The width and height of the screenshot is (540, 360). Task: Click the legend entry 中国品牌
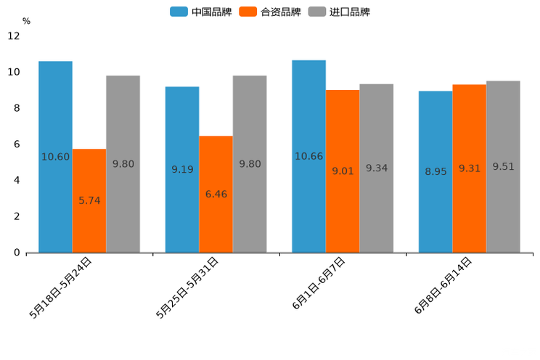201,12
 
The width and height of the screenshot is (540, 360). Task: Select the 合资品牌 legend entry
271,12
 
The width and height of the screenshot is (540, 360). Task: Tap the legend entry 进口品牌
340,12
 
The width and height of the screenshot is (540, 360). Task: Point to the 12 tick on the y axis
14,36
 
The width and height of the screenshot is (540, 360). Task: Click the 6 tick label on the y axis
17,144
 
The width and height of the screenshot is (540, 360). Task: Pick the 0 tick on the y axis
17,253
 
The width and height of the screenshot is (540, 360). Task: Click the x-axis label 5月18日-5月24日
61,287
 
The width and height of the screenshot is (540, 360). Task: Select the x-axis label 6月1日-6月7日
319,284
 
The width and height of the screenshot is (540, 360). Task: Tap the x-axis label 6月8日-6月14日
443,285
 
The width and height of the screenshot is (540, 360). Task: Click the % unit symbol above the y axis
26,21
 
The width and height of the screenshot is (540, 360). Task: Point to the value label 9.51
503,167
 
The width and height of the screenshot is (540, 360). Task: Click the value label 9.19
182,170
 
